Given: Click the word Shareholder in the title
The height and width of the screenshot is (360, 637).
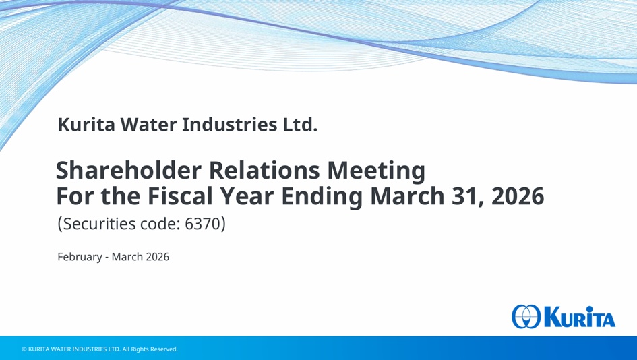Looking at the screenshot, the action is [128, 170].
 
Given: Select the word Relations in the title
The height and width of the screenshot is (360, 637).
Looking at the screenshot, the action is [264, 170].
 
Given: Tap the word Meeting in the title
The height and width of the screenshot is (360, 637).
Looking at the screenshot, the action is [376, 171].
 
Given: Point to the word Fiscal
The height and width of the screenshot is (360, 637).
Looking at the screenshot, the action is [180, 196].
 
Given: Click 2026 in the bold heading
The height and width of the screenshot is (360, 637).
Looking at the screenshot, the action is [518, 196].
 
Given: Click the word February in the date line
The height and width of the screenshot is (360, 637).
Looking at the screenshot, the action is [80, 258].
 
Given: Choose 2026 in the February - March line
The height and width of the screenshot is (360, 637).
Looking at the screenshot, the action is [157, 257].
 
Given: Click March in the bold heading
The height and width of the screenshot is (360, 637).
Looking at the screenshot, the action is [407, 196].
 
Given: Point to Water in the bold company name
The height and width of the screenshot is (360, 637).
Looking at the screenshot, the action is [149, 125].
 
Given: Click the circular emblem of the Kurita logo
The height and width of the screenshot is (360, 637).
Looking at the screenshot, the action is [526, 317].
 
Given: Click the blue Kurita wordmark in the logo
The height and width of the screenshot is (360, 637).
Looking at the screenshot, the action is [579, 317].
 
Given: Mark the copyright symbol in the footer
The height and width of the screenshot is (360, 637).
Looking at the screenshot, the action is [24, 349].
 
